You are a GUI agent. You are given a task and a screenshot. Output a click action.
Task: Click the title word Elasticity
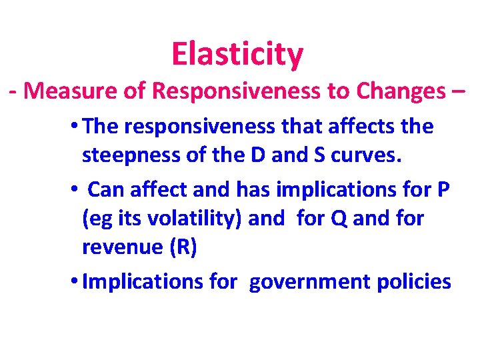point(237,54)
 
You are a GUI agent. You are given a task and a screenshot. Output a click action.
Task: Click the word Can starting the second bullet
point(107,190)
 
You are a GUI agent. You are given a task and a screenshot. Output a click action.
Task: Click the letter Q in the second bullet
point(340,219)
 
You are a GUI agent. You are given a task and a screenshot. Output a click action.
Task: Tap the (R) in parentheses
point(183,248)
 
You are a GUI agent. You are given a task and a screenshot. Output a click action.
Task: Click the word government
point(311,282)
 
